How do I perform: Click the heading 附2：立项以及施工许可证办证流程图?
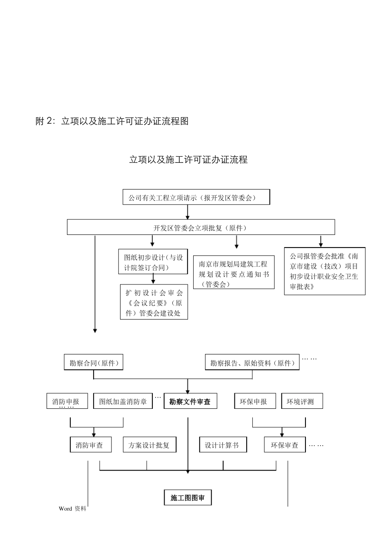[x=112, y=121]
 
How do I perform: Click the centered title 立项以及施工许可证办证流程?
[x=188, y=160]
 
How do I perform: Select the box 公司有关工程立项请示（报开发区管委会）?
[x=196, y=197]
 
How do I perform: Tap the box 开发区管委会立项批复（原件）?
[x=201, y=228]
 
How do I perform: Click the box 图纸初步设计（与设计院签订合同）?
[x=153, y=262]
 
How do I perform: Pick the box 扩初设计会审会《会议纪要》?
[x=154, y=302]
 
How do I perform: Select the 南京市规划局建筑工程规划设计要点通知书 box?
[x=233, y=273]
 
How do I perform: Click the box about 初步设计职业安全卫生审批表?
[x=324, y=271]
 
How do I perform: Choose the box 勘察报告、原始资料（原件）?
[x=252, y=363]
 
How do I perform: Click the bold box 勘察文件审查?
[x=190, y=401]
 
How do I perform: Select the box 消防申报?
[x=67, y=401]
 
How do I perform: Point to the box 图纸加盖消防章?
[x=123, y=401]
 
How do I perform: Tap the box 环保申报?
[x=255, y=401]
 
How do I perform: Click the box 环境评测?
[x=302, y=401]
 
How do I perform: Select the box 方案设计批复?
[x=149, y=445]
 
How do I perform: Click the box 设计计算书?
[x=223, y=445]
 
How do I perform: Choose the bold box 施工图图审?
[x=187, y=498]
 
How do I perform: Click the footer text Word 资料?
[x=73, y=509]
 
